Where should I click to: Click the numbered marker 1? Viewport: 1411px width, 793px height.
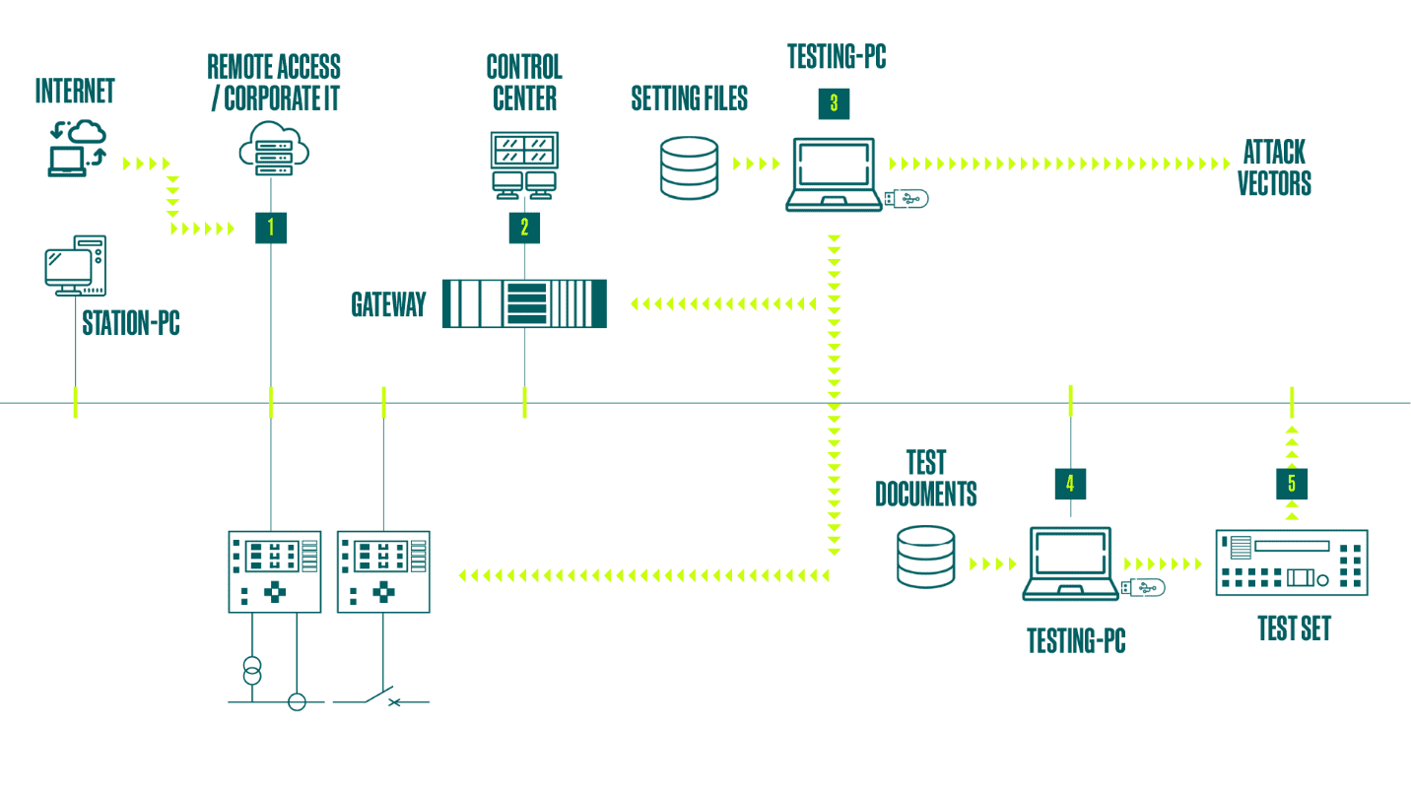pyautogui.click(x=270, y=228)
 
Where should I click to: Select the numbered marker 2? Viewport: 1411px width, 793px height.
pyautogui.click(x=524, y=228)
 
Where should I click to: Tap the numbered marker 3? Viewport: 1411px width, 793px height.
pyautogui.click(x=834, y=103)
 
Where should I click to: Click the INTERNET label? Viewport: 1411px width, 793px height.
pyautogui.click(x=75, y=92)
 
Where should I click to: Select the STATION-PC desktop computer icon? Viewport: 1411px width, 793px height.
pyautogui.click(x=75, y=265)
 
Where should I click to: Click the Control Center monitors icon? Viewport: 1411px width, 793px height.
pyautogui.click(x=524, y=163)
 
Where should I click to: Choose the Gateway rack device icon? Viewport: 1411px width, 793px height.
pyautogui.click(x=524, y=303)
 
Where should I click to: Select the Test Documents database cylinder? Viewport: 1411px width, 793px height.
pyautogui.click(x=926, y=557)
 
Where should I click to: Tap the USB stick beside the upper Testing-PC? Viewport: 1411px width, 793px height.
pyautogui.click(x=907, y=199)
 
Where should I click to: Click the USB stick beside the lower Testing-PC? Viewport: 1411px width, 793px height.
pyautogui.click(x=1143, y=588)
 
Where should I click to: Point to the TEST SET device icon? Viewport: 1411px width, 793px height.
pyautogui.click(x=1292, y=562)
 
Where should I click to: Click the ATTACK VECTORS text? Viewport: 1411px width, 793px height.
pyautogui.click(x=1274, y=167)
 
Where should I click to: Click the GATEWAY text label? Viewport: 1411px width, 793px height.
pyautogui.click(x=388, y=304)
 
